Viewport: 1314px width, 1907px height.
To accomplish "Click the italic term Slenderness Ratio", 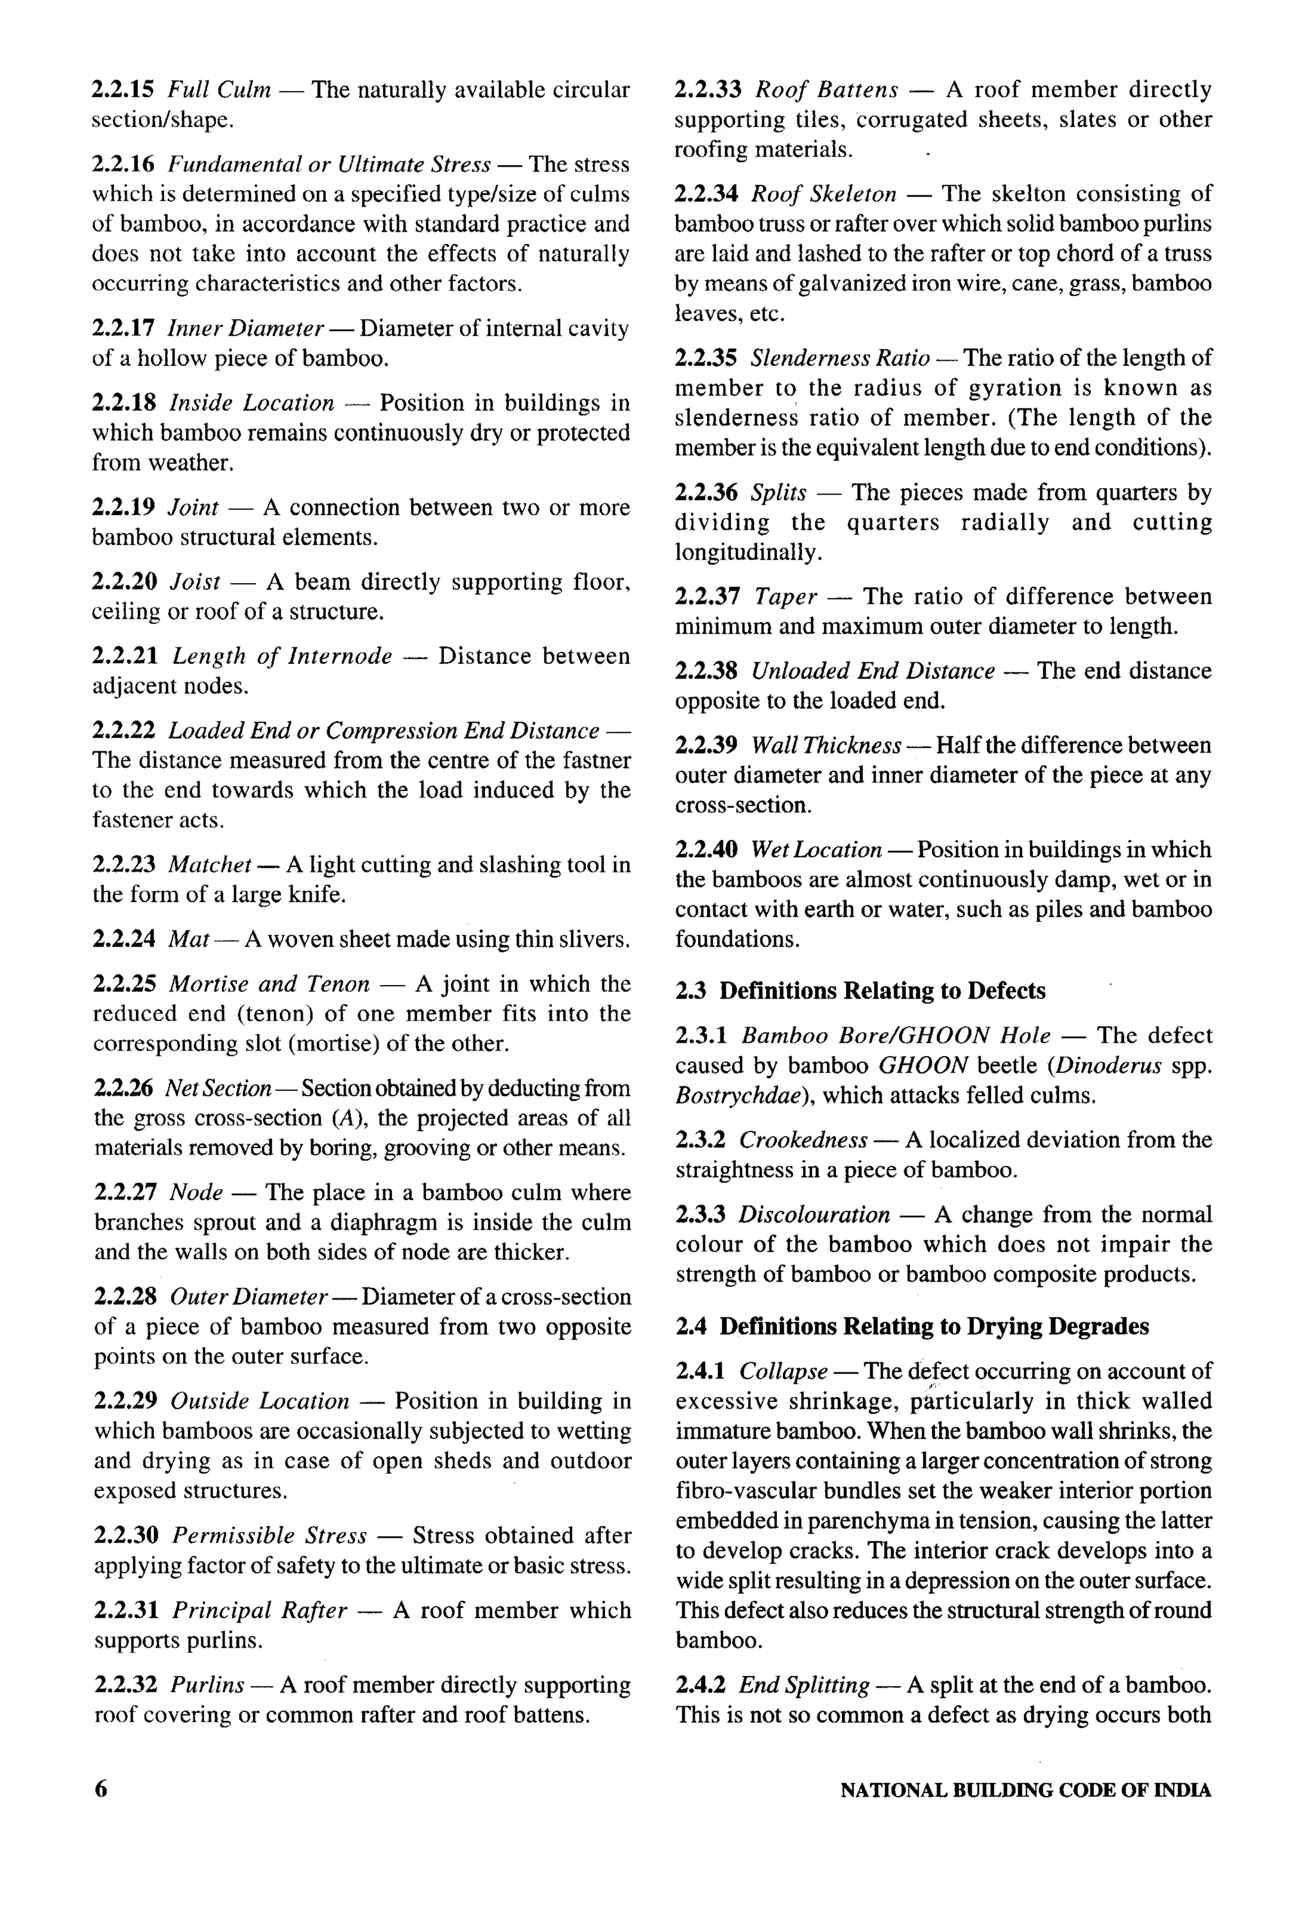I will pos(840,358).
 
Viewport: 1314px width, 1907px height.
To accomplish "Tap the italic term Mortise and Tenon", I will pos(269,984).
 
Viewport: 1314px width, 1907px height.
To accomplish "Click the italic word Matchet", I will pos(209,864).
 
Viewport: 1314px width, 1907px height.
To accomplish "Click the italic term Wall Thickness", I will pos(826,745).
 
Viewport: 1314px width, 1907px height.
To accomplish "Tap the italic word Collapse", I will pos(783,1371).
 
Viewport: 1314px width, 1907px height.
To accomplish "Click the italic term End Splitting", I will pos(803,1685).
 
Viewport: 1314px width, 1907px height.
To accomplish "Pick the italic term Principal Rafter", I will pos(259,1610).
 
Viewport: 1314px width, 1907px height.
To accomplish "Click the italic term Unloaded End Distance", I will pos(873,670).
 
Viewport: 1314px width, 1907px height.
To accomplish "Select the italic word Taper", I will pos(785,596).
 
